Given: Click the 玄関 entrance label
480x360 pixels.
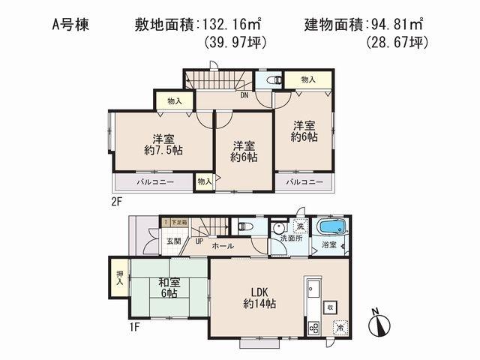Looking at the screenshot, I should (173, 240).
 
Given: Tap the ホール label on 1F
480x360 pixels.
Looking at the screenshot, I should (223, 246).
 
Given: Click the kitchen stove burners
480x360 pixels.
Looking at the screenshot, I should (314, 326).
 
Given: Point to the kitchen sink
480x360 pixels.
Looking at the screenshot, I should (312, 289).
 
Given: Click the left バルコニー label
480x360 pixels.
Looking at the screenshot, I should (154, 181).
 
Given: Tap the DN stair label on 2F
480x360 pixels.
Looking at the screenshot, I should (244, 95).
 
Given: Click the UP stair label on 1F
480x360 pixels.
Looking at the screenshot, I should (199, 241).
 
